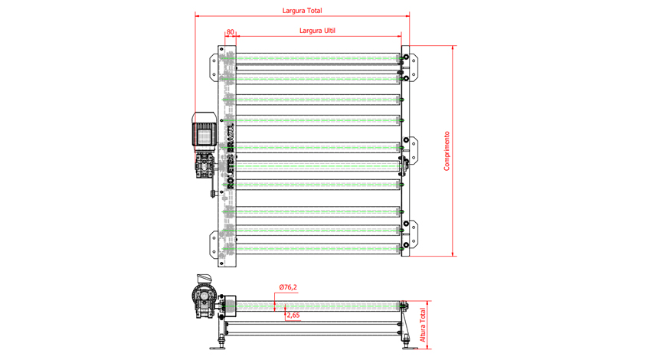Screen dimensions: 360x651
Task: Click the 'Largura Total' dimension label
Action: click(302, 11)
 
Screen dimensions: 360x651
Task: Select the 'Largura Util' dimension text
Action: click(317, 31)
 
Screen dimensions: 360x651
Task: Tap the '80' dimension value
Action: click(231, 32)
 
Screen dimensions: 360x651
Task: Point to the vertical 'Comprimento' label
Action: click(447, 150)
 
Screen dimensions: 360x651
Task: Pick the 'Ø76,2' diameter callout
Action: click(288, 287)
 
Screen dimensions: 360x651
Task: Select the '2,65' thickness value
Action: click(292, 315)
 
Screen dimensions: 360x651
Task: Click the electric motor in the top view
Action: click(204, 131)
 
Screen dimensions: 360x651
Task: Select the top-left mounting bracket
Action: click(214, 66)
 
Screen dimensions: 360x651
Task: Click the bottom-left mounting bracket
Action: click(214, 244)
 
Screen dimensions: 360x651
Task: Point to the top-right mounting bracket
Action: click(411, 66)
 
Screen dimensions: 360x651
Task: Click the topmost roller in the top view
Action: click(318, 57)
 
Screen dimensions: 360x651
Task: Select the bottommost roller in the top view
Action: click(318, 247)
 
